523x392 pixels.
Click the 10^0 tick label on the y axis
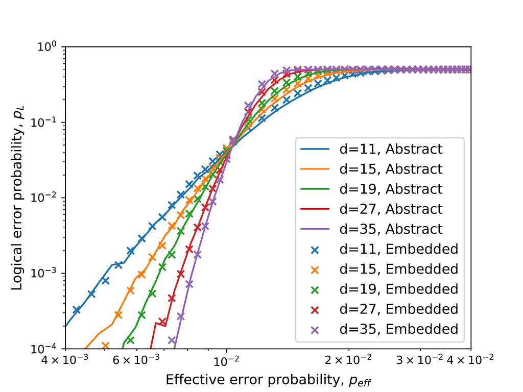pyautogui.click(x=47, y=46)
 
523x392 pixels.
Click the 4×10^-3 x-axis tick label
pyautogui.click(x=65, y=360)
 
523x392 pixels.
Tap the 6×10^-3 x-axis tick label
pyautogui.click(x=136, y=360)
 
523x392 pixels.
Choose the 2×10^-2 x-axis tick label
pyautogui.click(x=348, y=360)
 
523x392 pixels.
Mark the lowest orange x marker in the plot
pyautogui.click(x=105, y=346)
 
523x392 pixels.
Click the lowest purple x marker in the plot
pyautogui.click(x=172, y=340)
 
